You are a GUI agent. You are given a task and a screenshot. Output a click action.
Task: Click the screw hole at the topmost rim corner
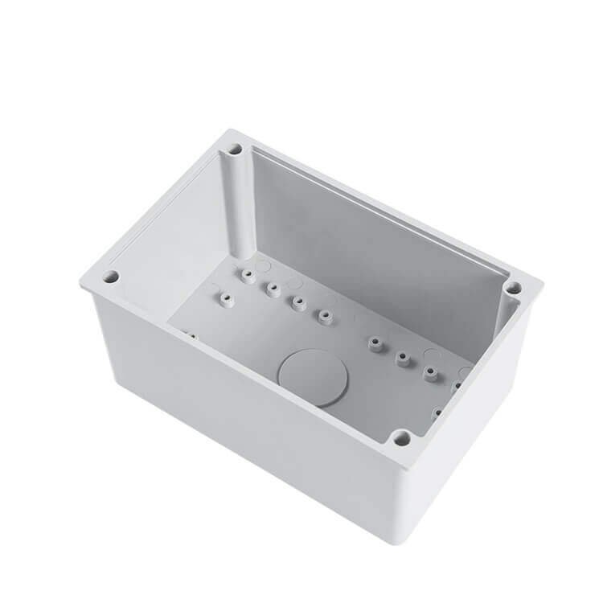(x=234, y=150)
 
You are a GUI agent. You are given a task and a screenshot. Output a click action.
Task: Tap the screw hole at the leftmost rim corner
(x=113, y=277)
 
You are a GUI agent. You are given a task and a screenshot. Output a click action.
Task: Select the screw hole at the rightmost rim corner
(x=511, y=286)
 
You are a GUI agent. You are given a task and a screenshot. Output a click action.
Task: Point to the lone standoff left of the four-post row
(x=223, y=299)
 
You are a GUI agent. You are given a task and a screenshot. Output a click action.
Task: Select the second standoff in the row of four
(x=273, y=287)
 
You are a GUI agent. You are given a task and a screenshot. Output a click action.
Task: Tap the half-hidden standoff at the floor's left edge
(x=190, y=333)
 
